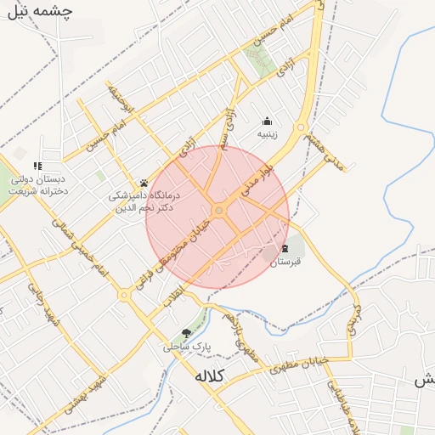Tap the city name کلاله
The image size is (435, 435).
[x=210, y=376]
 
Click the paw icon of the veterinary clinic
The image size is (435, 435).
[x=144, y=183]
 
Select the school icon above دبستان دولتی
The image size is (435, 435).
[x=37, y=166]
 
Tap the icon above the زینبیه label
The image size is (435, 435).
[x=268, y=120]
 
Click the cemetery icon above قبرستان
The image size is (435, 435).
[x=285, y=248]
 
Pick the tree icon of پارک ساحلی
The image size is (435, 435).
[x=186, y=333]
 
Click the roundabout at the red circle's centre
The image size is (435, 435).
[x=219, y=210]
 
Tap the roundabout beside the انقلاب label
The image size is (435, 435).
[x=125, y=296]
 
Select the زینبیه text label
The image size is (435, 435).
[x=268, y=134]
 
